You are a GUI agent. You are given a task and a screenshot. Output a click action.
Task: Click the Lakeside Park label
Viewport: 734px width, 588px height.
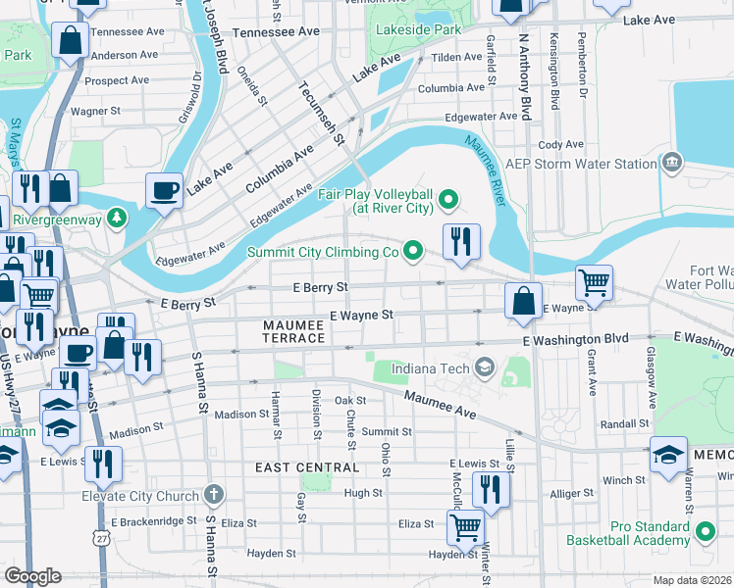418,30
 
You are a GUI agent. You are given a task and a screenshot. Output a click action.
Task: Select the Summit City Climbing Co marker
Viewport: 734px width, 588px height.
414,252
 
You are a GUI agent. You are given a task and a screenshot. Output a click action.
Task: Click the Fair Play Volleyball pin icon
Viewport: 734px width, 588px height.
448,201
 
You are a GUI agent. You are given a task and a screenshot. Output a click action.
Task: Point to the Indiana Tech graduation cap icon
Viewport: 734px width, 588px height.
484,367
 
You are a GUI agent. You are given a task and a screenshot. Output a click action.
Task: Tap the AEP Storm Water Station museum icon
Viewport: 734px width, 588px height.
672,164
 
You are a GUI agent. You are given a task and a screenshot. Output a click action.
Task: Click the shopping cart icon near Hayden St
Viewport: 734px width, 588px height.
465,527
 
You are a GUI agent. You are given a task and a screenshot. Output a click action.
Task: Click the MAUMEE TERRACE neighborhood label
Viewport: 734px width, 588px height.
294,331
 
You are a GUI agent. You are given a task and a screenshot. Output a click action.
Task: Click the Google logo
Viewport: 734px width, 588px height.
33,575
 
